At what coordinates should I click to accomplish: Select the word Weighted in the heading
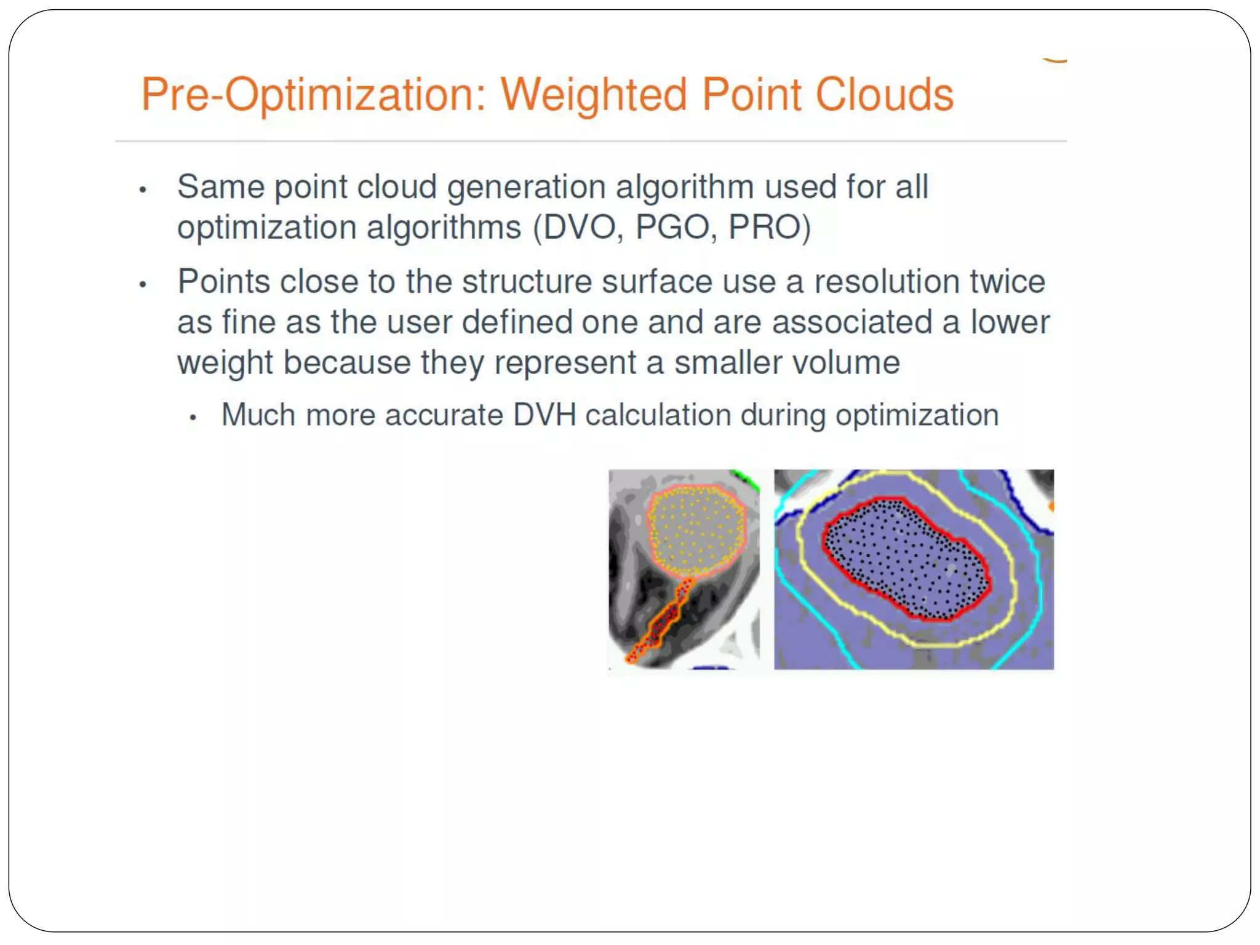593,95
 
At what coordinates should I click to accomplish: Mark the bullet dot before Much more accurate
193,418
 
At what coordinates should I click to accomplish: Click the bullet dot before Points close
143,284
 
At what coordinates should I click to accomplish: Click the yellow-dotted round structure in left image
695,529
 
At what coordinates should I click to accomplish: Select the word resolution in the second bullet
886,282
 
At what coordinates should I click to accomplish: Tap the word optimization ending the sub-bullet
916,415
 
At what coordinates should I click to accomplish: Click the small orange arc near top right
1055,60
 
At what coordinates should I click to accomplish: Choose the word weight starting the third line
225,362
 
